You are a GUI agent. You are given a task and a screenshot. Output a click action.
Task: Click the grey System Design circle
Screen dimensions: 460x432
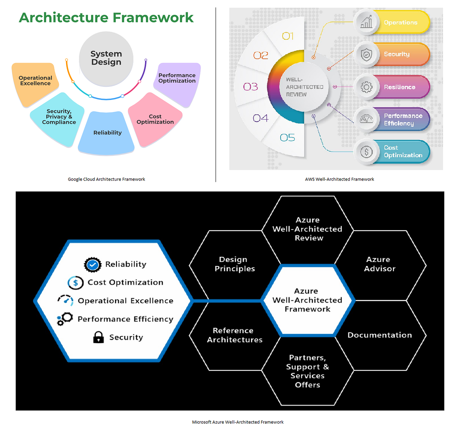point(106,59)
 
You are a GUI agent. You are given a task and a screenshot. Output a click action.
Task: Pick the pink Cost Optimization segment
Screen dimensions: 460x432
point(155,119)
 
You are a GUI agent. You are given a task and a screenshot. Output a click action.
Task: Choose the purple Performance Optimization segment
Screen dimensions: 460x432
point(177,84)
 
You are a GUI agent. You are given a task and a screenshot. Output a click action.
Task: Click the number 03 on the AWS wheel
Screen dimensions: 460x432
point(250,87)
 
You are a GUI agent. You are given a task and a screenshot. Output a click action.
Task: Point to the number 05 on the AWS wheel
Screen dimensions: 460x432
point(287,138)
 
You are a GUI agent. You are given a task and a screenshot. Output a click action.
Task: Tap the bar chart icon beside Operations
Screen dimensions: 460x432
point(366,22)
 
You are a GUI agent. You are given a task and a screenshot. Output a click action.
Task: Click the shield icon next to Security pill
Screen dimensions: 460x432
point(366,55)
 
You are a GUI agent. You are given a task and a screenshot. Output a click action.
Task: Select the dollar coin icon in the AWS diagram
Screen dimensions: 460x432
point(366,152)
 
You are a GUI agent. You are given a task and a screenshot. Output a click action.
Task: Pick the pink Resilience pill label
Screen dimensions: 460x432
point(399,87)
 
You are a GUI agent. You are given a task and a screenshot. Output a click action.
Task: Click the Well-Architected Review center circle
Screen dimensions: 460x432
point(304,87)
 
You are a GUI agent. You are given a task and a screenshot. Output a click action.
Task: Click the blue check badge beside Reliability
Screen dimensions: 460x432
point(92,264)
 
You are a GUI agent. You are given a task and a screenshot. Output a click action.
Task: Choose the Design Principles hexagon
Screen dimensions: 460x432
point(235,265)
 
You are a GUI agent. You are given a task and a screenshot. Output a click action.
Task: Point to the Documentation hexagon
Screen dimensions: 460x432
point(379,335)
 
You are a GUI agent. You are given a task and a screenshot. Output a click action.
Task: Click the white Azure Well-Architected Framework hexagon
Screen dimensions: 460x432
point(307,300)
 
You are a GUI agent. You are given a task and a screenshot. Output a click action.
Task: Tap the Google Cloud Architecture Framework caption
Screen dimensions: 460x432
point(106,179)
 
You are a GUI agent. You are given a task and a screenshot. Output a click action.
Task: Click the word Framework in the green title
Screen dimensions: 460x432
point(153,18)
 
